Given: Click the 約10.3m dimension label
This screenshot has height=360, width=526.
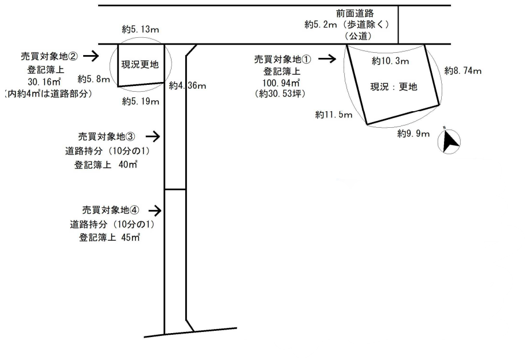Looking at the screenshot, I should [x=387, y=61].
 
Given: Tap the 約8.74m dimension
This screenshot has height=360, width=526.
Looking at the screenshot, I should [x=462, y=71].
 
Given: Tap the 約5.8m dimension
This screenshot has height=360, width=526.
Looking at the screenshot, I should [x=94, y=79].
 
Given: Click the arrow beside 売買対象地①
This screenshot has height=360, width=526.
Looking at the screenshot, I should [x=327, y=58].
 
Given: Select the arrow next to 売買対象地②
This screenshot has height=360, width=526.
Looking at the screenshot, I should [x=91, y=56].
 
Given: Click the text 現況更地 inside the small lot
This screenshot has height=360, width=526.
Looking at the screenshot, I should [x=139, y=64].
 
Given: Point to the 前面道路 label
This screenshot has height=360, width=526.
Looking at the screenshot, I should [x=354, y=13].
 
